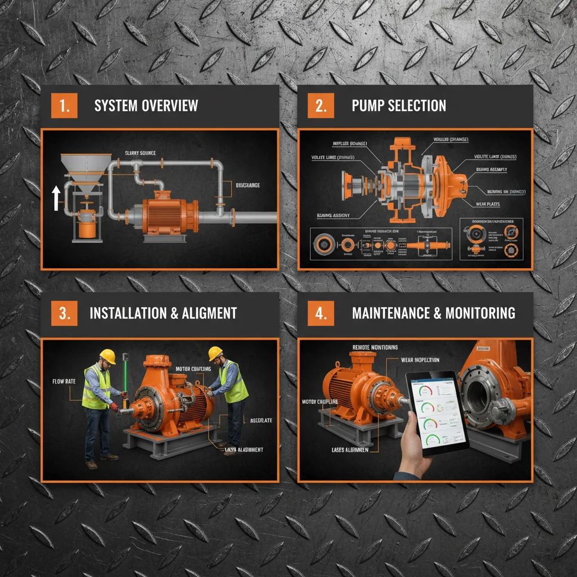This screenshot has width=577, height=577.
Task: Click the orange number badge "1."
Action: (x=64, y=105)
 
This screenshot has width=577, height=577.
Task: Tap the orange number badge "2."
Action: (x=321, y=105)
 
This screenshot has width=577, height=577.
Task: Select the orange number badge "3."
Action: (x=64, y=313)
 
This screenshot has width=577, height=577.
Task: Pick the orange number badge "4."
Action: (x=321, y=313)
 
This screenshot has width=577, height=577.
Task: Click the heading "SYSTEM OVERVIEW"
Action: (x=146, y=105)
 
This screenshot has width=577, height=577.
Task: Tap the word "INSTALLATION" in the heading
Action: (x=125, y=313)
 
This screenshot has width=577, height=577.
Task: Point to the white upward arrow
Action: (x=56, y=199)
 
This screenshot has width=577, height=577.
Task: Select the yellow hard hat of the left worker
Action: (x=107, y=356)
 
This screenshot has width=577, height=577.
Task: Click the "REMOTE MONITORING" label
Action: (x=375, y=348)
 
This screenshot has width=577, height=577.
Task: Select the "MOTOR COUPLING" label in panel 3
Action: (x=193, y=369)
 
